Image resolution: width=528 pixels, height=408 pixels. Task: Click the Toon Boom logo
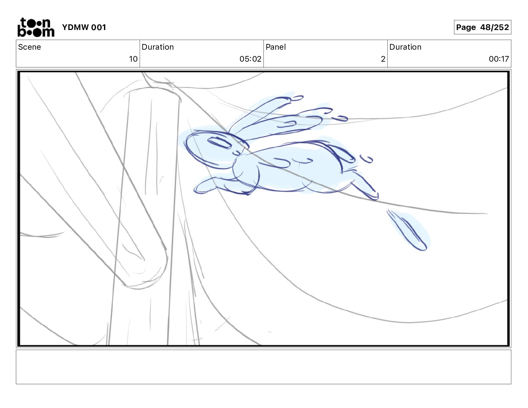point(36,27)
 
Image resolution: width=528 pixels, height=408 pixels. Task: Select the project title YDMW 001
point(84,27)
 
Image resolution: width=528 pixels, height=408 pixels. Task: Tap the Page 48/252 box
point(482,27)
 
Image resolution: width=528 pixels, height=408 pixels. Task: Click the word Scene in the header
point(29,47)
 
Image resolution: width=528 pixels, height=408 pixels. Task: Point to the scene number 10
point(133,59)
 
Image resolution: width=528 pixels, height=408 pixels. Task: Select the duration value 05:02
point(250,59)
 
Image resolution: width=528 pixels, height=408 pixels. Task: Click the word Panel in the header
point(276,47)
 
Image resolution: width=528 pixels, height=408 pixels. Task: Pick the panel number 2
point(383,59)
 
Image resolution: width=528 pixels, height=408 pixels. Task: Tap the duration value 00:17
point(499,59)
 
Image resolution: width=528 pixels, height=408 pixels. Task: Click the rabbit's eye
point(219,143)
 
